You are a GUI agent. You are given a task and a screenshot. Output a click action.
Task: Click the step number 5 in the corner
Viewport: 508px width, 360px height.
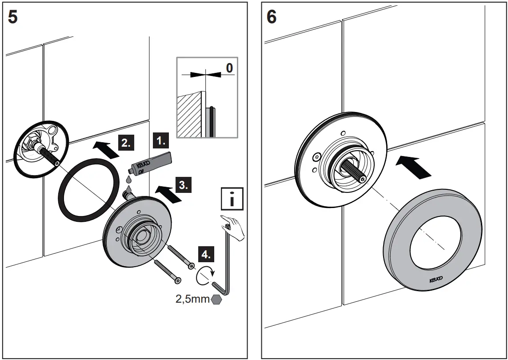coord(13,18)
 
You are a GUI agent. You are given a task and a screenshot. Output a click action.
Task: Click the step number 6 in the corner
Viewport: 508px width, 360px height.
coord(271,17)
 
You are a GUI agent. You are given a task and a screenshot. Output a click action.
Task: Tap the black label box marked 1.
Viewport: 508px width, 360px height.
coord(161,141)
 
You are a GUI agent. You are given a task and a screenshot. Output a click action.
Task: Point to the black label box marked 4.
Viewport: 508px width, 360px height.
coord(206,255)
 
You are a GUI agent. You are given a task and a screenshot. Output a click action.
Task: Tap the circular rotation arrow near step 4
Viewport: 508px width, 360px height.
coord(205,276)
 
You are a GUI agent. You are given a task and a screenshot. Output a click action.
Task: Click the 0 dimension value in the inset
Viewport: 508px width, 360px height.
coord(229,68)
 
